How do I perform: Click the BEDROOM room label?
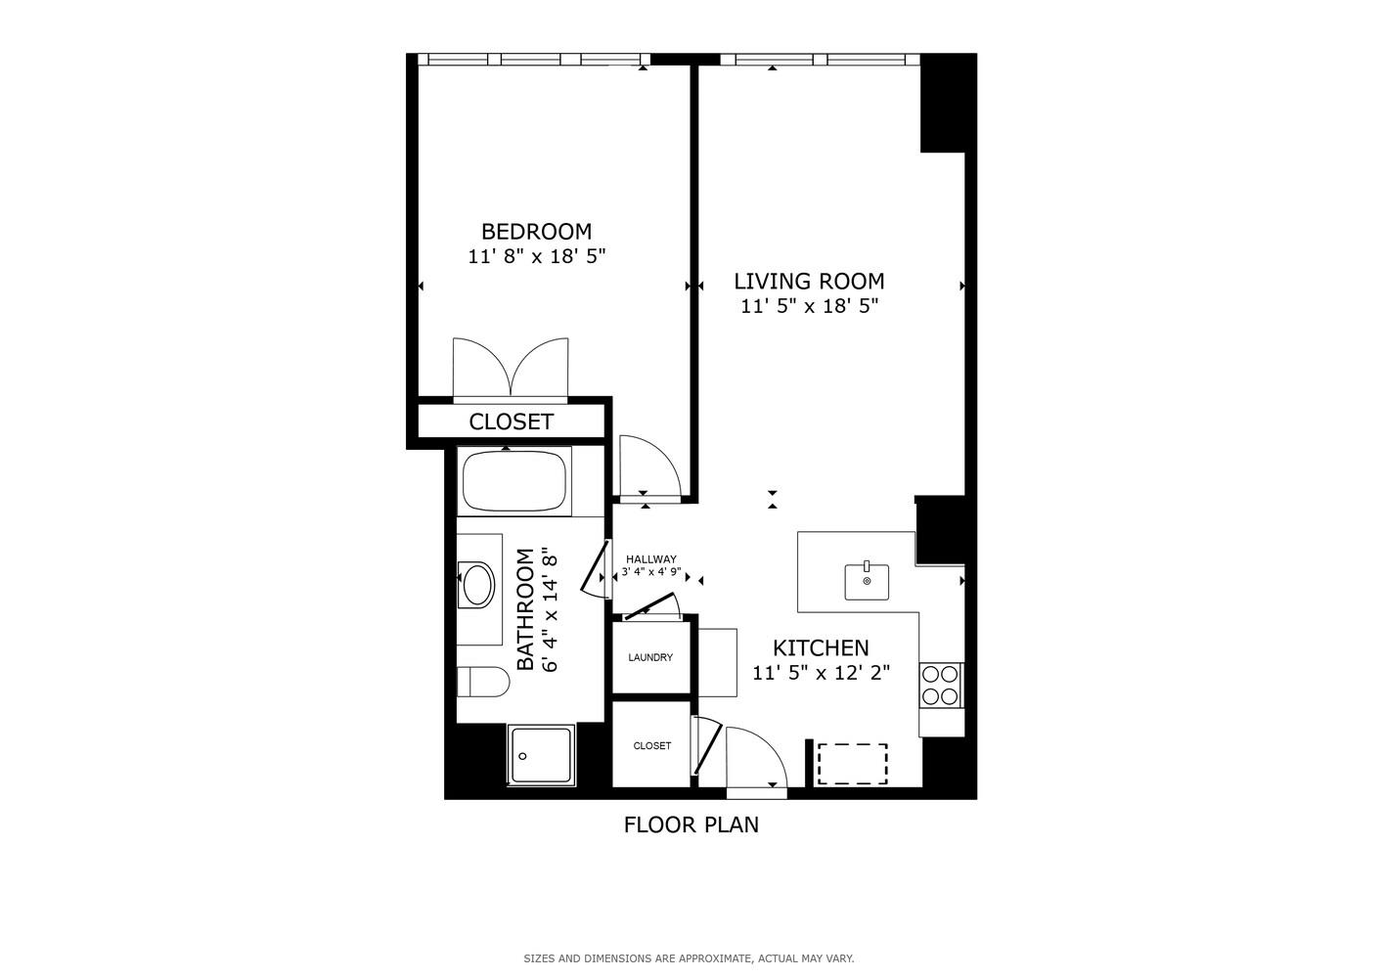tap(536, 232)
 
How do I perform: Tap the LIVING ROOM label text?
tap(809, 282)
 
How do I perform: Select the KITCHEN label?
tap(821, 647)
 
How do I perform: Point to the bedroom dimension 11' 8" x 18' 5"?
tap(537, 257)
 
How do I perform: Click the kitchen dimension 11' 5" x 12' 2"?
tap(821, 673)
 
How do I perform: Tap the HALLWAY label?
tap(651, 559)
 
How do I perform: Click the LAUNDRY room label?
tap(650, 657)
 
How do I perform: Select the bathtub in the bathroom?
tap(514, 482)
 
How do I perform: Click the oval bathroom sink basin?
tap(478, 584)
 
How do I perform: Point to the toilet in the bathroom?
tap(483, 681)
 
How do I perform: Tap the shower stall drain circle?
tap(523, 756)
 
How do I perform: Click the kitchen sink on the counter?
tap(867, 581)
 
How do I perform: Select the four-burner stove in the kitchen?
tap(941, 685)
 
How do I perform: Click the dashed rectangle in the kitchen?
tap(852, 764)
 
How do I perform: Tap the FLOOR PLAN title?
tap(691, 824)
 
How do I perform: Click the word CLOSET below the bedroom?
tap(511, 422)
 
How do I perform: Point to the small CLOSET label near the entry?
tap(652, 745)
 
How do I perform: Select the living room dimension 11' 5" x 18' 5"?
tap(809, 306)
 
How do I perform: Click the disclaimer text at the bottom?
tap(689, 958)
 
